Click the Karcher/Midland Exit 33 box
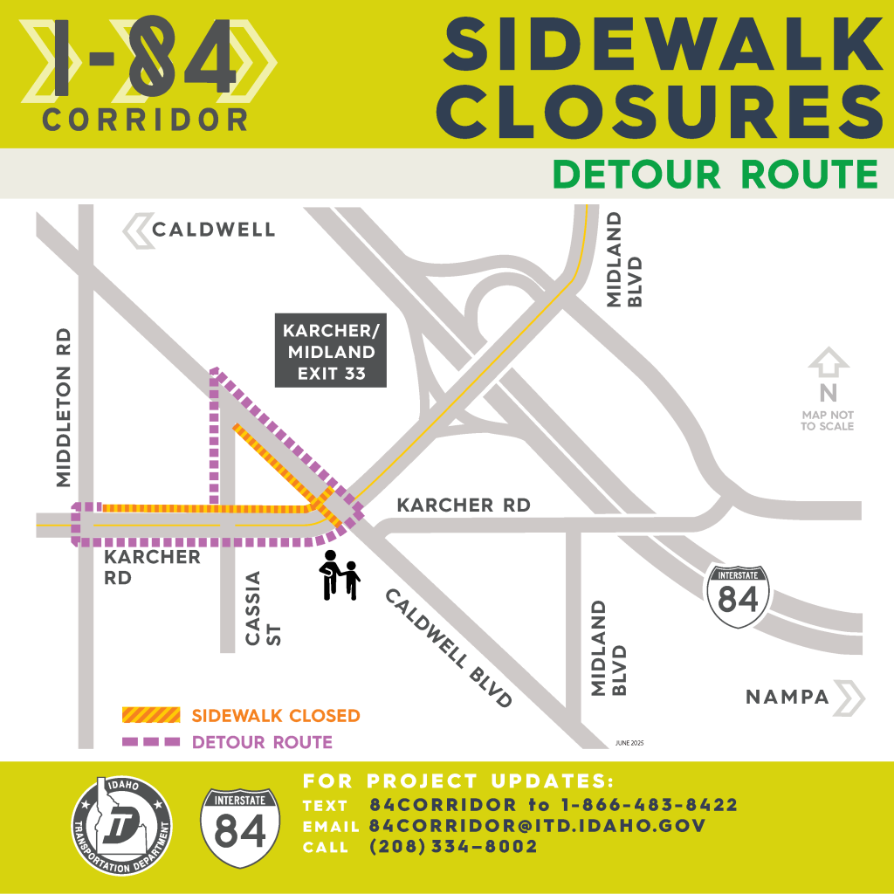[x=330, y=350]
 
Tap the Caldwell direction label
[x=213, y=230]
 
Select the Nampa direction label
[x=787, y=697]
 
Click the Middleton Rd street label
[x=63, y=409]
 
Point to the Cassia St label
[x=263, y=609]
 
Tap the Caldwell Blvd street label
[x=447, y=646]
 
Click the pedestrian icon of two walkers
[x=340, y=575]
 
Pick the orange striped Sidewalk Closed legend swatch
[x=150, y=716]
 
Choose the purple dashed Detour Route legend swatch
[x=150, y=743]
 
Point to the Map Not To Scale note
[x=827, y=421]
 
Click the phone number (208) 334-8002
[x=453, y=847]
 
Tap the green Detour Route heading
[x=715, y=174]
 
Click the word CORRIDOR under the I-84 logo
[x=144, y=120]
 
